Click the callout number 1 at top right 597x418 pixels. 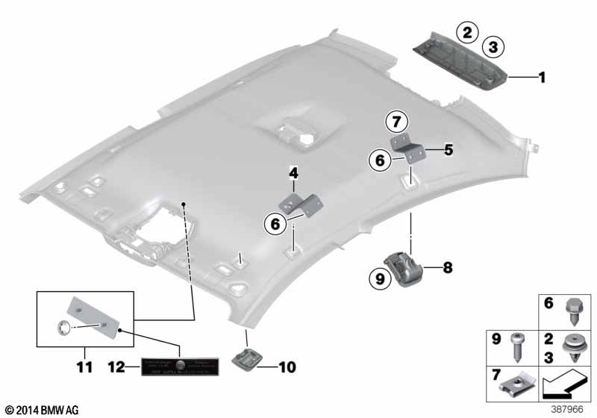click(543, 76)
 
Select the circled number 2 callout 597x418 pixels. click(468, 32)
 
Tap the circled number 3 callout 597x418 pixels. click(492, 48)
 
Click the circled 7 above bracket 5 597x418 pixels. click(396, 120)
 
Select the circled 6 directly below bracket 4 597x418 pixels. click(275, 222)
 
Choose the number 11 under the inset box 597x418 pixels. click(84, 366)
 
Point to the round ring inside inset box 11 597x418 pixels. click(64, 325)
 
